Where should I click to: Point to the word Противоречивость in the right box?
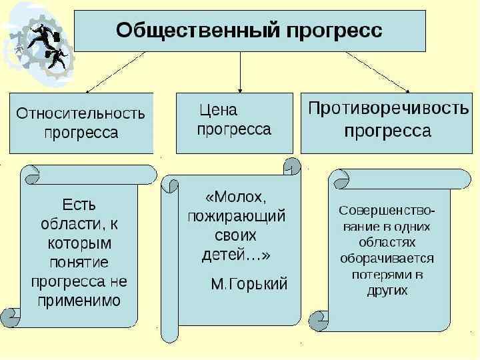click(389, 109)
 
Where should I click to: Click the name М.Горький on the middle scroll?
click(249, 284)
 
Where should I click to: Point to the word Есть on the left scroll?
click(79, 201)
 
